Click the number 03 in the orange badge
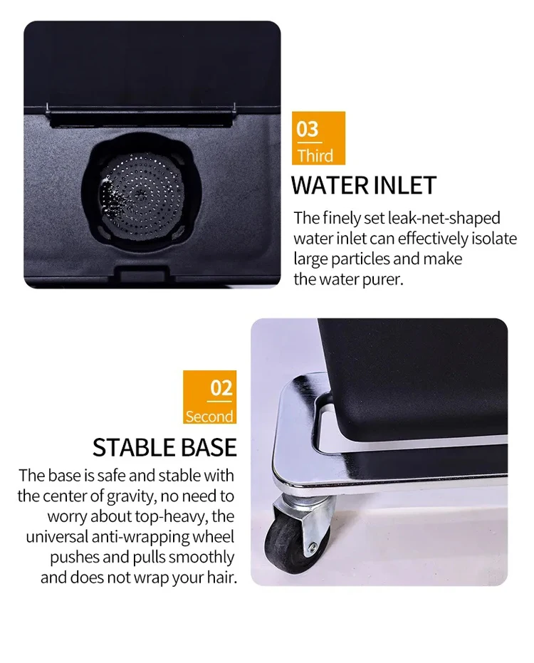tap(308, 130)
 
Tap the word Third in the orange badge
tap(315, 156)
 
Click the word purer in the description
tap(380, 279)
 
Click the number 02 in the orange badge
tap(221, 388)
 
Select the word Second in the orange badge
tap(209, 417)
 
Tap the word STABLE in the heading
tap(132, 447)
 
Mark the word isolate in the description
tap(493, 239)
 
